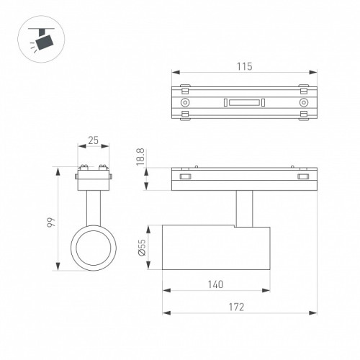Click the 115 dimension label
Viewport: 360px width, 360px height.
(x=245, y=66)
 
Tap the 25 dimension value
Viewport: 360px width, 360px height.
(x=93, y=140)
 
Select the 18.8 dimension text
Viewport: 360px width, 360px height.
(x=140, y=157)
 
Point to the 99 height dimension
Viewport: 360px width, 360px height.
(x=51, y=222)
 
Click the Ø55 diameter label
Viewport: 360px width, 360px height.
(x=142, y=247)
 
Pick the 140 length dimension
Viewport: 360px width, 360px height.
(x=215, y=284)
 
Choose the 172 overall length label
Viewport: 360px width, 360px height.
(x=236, y=307)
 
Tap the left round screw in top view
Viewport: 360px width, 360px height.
(x=185, y=102)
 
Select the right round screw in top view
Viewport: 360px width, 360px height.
(x=304, y=102)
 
